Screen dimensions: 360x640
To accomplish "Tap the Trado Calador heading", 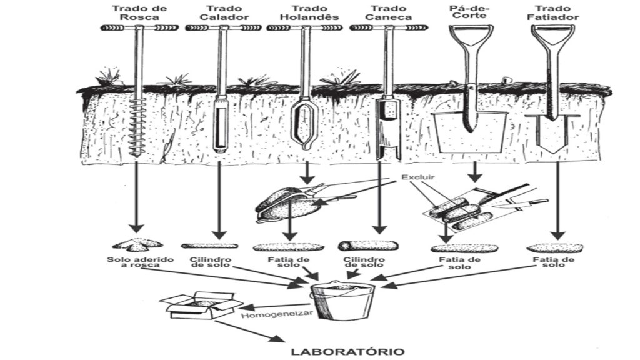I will tap(216, 13).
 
